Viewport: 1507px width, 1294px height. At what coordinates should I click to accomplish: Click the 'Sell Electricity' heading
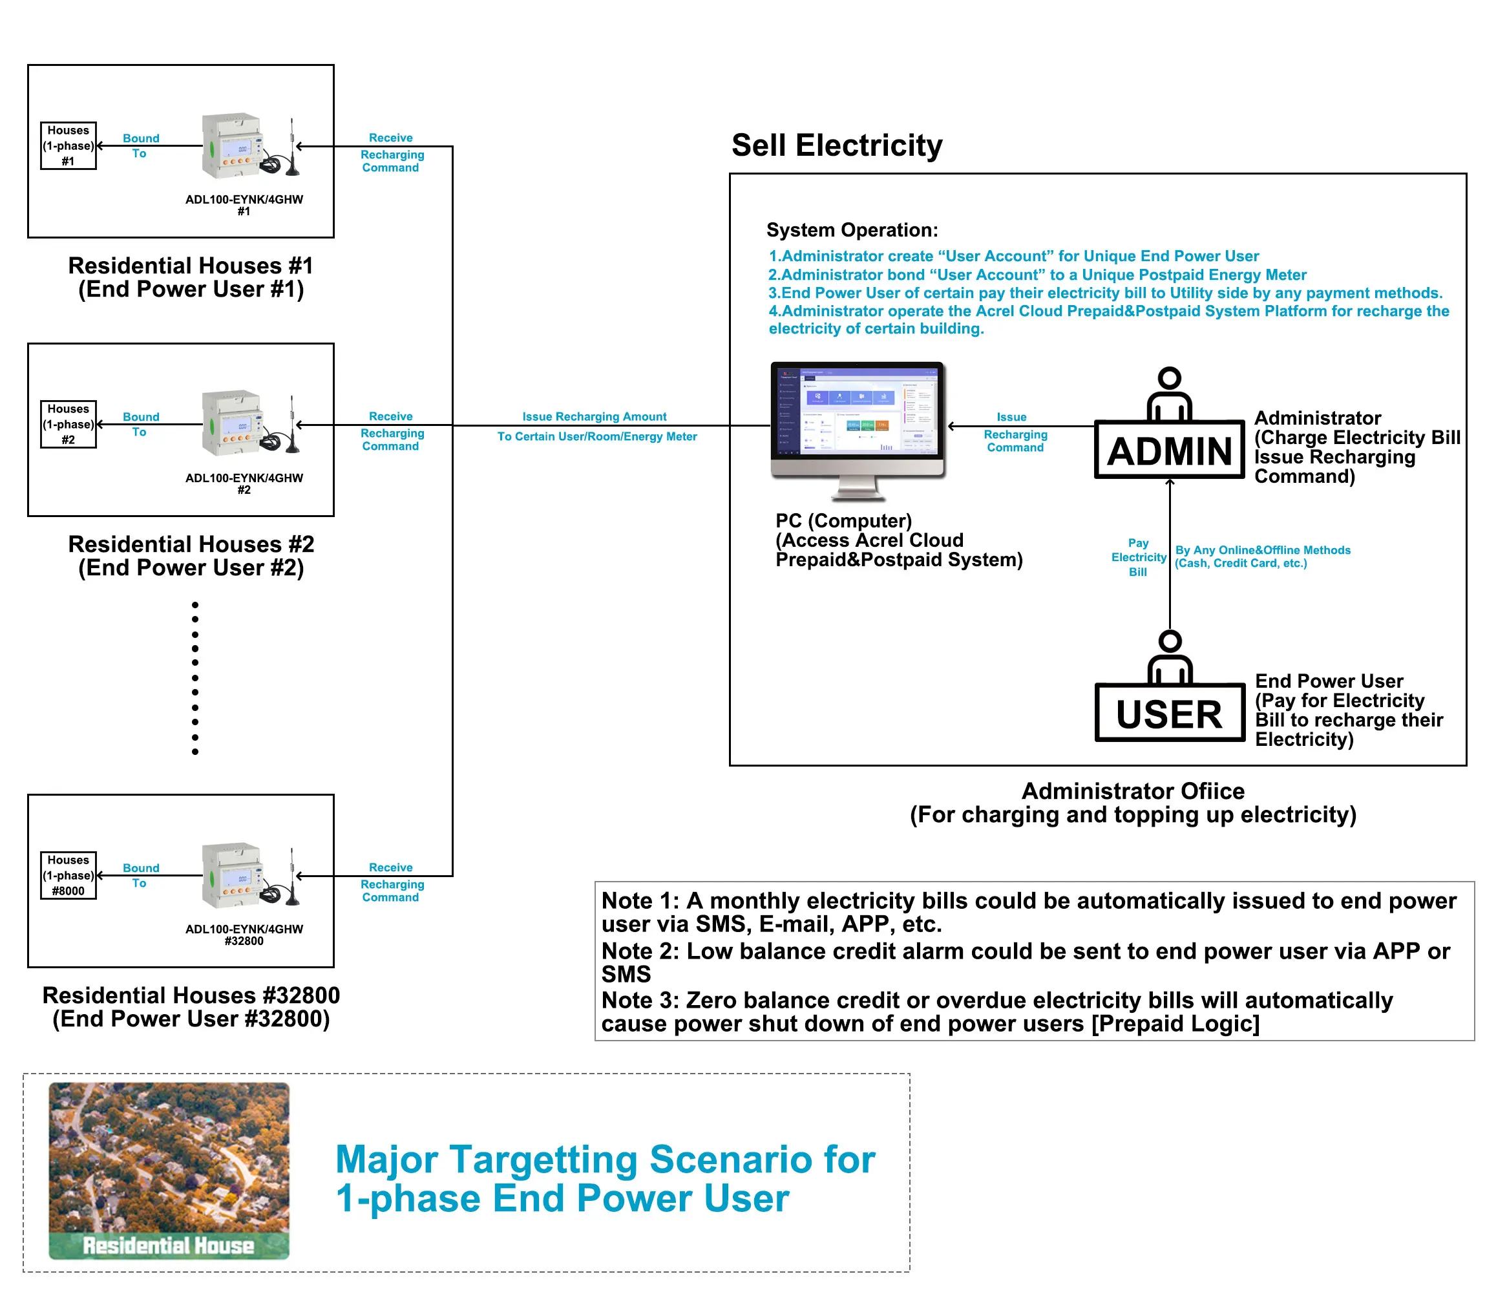(x=836, y=145)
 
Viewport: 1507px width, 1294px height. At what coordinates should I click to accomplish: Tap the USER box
(x=1169, y=713)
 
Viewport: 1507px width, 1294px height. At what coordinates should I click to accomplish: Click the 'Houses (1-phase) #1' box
(x=68, y=145)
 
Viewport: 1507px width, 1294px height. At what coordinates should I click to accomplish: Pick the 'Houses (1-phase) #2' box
(x=68, y=424)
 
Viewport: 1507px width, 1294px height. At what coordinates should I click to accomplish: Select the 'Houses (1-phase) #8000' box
(x=68, y=875)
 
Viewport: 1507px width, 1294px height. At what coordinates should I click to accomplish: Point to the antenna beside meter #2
(x=291, y=425)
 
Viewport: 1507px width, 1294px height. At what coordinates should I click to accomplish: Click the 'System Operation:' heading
(x=852, y=230)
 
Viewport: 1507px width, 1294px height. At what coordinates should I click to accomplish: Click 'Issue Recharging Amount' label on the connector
(x=595, y=417)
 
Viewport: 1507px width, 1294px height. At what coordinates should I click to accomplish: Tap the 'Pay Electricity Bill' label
(x=1138, y=557)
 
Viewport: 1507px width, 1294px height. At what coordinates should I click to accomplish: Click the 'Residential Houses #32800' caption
(x=191, y=995)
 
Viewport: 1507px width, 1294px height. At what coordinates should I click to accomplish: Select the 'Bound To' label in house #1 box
(x=140, y=145)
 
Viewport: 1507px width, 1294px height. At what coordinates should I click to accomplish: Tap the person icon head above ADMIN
(x=1170, y=377)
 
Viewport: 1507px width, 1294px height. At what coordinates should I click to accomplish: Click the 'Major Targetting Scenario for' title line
(x=605, y=1160)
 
